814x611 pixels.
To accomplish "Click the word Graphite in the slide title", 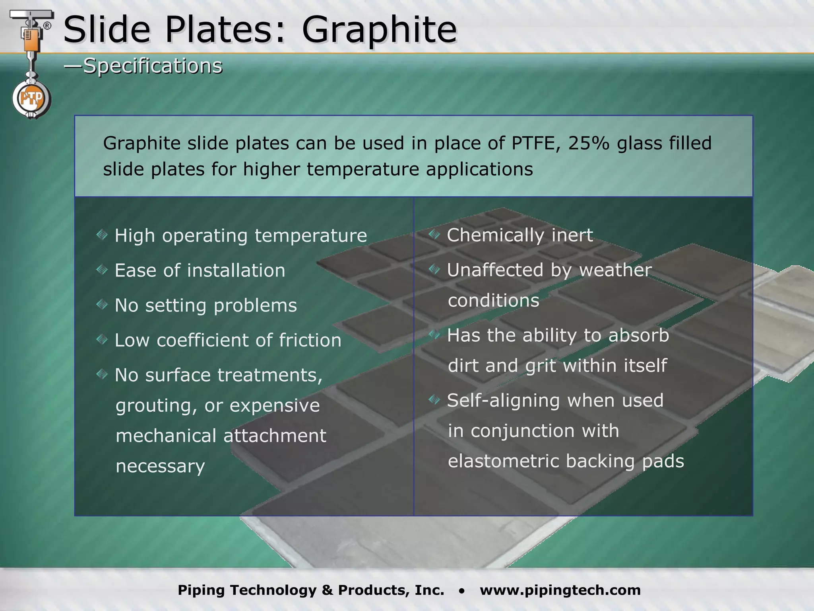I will [379, 30].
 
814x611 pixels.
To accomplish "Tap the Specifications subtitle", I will [152, 66].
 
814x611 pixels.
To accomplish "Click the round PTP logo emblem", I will [31, 98].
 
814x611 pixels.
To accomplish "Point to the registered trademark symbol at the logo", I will [47, 26].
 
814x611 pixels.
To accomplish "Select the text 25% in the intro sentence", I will [588, 143].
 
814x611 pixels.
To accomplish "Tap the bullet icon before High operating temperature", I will [102, 235].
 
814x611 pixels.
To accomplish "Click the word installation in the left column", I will [236, 270].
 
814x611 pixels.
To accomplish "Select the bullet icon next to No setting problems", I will [102, 305].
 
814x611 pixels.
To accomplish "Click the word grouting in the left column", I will [156, 406].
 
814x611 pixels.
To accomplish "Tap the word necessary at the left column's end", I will [160, 466].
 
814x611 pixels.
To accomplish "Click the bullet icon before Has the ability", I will [434, 335].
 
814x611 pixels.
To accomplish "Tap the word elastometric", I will [503, 461].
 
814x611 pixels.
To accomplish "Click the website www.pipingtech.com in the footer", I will [560, 590].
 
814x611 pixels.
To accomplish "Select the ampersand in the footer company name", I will [327, 590].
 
